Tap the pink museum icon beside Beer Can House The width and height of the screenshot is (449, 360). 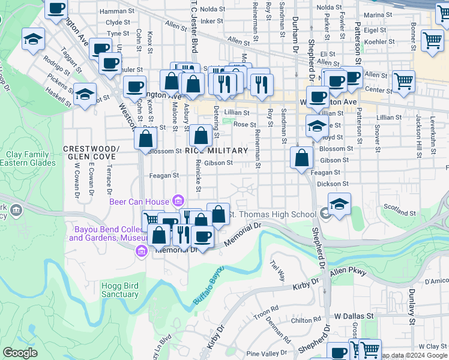(x=178, y=200)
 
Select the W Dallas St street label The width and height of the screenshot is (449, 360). (x=354, y=315)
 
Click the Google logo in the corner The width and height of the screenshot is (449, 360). (x=20, y=353)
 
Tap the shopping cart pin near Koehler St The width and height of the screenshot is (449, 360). (x=432, y=41)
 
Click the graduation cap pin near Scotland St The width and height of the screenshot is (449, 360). (x=339, y=203)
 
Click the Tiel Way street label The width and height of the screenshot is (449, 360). (x=277, y=270)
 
